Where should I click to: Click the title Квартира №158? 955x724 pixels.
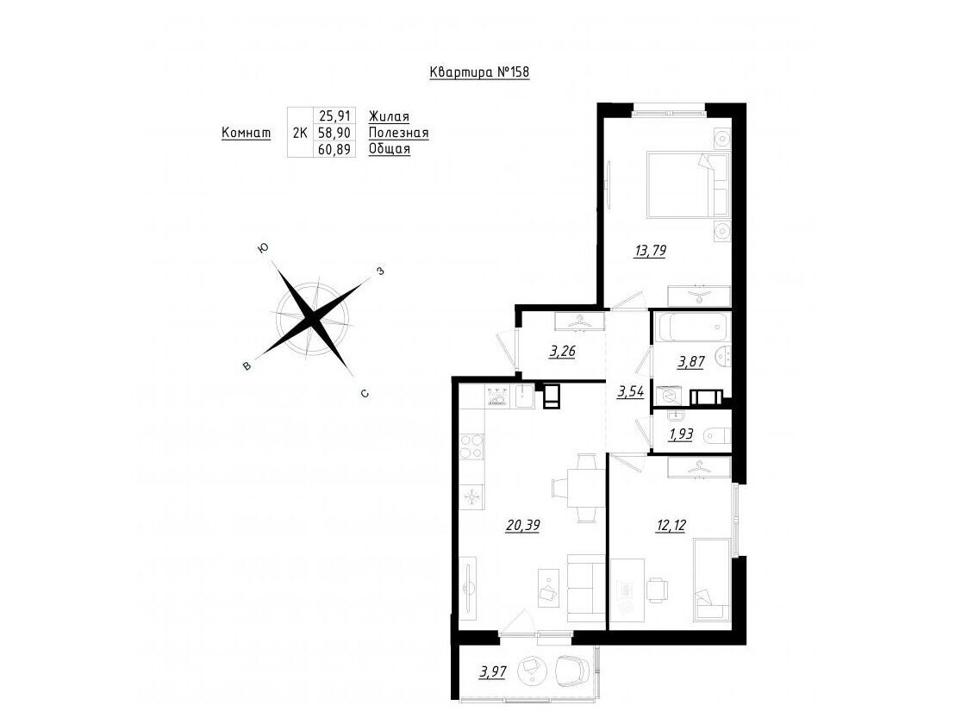479,72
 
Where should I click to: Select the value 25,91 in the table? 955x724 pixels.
334,116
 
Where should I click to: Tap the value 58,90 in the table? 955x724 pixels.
334,133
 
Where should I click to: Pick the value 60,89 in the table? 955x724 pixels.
334,149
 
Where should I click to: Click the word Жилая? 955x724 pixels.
389,116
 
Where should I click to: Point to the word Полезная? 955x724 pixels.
398,133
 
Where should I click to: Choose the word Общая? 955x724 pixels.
390,149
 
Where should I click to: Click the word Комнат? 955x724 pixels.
246,133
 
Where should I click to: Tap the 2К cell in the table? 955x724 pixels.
300,133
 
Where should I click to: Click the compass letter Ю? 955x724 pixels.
263,248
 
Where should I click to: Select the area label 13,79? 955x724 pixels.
649,250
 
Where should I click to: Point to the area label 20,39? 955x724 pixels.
523,525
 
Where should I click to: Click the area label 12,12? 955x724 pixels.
671,525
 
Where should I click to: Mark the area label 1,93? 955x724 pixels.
680,434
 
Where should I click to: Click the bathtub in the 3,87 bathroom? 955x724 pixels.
692,327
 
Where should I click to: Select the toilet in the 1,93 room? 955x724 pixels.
717,437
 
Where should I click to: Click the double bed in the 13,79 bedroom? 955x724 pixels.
688,184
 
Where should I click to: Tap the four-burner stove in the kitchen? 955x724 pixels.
472,446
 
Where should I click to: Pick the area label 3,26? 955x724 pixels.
562,352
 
